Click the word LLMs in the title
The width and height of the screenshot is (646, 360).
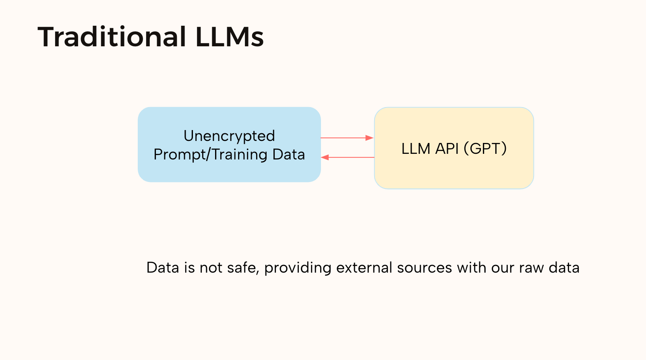tap(230, 37)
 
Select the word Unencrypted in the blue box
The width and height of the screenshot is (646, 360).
tap(229, 136)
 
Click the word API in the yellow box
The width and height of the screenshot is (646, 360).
tap(447, 149)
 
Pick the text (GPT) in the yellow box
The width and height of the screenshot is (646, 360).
tap(485, 149)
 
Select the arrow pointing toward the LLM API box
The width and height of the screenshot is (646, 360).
tap(346, 138)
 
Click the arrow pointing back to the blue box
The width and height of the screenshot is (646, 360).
tap(348, 157)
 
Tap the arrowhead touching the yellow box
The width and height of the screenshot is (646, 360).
tap(370, 138)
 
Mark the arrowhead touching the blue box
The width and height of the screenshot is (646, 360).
tap(325, 157)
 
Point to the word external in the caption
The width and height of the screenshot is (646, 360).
tap(364, 268)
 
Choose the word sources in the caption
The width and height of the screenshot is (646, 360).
tap(424, 268)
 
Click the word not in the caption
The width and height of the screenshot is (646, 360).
tap(211, 268)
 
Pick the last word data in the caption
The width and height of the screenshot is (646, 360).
tap(564, 268)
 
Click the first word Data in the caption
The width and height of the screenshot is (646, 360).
tap(163, 268)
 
